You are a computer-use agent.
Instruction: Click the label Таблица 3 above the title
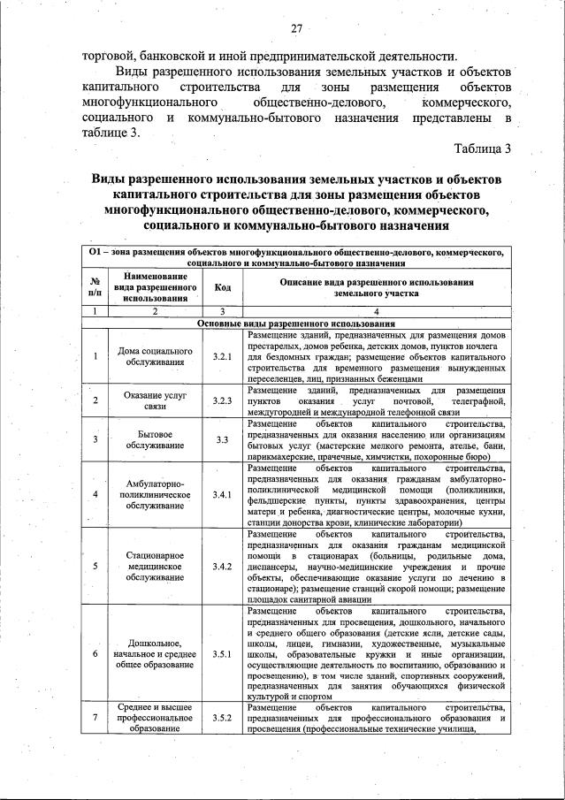tap(482, 149)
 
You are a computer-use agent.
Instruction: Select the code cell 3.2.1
tap(222, 356)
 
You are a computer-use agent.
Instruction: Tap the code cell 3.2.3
tap(222, 400)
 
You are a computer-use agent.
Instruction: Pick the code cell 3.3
tap(222, 439)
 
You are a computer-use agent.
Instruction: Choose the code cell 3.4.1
tap(222, 493)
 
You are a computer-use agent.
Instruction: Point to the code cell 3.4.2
tap(222, 566)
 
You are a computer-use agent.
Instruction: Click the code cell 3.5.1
tap(222, 653)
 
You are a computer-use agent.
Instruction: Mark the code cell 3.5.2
tap(222, 718)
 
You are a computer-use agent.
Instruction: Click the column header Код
tap(222, 286)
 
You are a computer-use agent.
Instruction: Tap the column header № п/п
tap(95, 286)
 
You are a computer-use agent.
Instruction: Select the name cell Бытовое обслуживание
tap(155, 439)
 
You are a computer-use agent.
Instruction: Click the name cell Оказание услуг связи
tap(155, 400)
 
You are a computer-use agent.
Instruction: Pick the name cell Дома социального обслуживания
tap(155, 356)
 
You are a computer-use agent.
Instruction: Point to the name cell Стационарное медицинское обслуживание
tap(155, 566)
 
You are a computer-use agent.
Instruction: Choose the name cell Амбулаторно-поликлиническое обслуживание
tap(155, 493)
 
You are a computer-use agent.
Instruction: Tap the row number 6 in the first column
tap(95, 653)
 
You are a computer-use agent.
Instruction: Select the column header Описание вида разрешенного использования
tap(377, 286)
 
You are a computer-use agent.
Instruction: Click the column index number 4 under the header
tap(377, 311)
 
